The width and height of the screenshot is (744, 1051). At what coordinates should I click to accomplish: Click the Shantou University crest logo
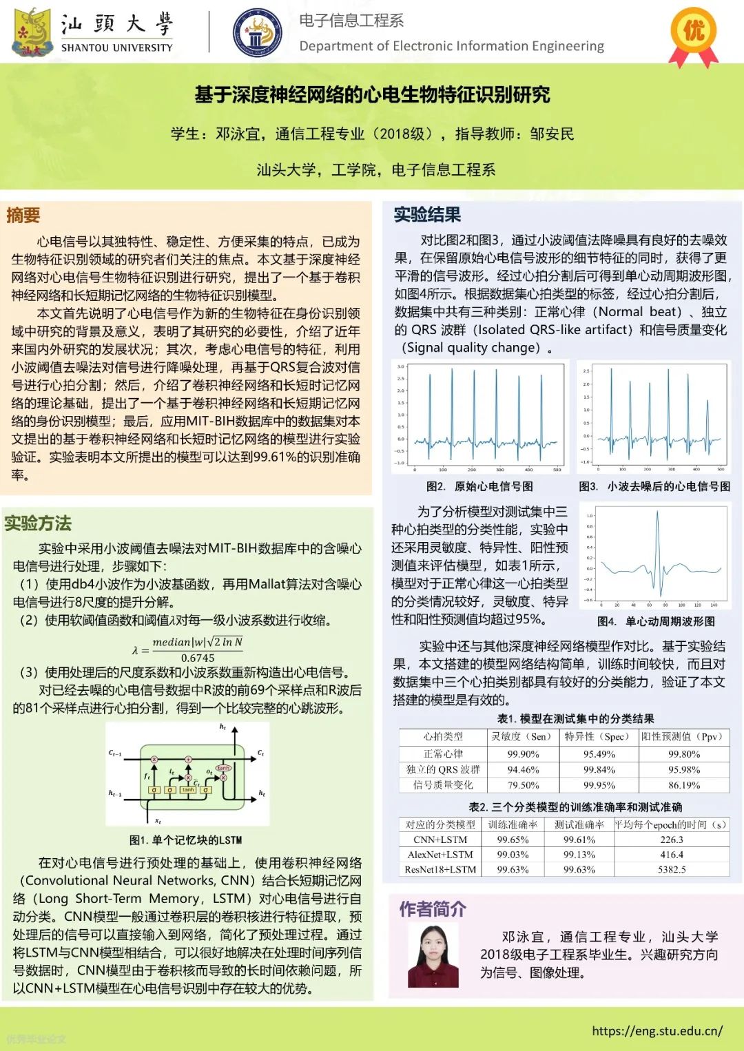coord(32,32)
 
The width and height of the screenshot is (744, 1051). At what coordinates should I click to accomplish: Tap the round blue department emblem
coord(257,33)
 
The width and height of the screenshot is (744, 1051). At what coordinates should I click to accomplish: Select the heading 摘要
coord(23,216)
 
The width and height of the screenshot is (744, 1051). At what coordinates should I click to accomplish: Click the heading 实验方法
coord(38,523)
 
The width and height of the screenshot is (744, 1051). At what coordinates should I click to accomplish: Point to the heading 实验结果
coord(427,215)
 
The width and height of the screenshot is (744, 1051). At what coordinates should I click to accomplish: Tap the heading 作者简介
coord(433,909)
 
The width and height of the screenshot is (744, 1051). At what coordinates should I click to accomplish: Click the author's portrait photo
coord(433,957)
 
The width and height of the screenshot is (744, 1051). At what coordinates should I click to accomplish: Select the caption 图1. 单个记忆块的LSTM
coord(186,840)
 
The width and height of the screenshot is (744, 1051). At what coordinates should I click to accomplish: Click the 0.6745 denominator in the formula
coord(198,658)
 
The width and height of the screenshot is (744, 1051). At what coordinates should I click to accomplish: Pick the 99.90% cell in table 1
coord(523,754)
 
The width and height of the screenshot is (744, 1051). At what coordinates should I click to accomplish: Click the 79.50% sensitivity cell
coord(523,785)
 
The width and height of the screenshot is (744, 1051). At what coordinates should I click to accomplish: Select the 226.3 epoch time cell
coord(671,840)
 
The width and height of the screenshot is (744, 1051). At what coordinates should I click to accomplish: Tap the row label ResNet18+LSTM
coord(440,869)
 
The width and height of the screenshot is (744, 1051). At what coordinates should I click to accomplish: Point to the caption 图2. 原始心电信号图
coord(479,486)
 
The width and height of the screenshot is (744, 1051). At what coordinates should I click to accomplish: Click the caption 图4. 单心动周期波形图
coord(656,621)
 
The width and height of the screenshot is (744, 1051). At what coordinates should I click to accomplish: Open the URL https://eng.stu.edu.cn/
coord(657,1031)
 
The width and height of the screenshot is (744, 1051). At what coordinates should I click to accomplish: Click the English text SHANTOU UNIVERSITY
coord(117,48)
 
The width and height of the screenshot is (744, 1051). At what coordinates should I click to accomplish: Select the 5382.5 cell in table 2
coord(671,869)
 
